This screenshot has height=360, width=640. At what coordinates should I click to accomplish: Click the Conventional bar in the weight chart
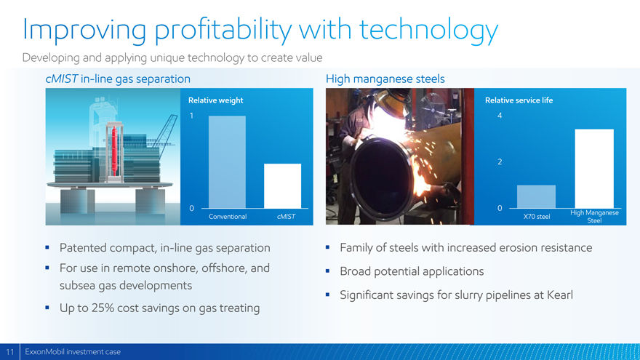click(227, 162)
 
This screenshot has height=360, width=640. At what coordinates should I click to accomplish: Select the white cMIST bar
click(282, 185)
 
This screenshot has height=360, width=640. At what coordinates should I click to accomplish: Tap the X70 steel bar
click(536, 197)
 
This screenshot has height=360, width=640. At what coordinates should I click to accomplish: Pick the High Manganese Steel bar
click(594, 169)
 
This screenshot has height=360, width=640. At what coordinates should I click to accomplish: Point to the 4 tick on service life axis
click(500, 116)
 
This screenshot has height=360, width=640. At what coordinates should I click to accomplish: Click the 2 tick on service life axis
click(500, 161)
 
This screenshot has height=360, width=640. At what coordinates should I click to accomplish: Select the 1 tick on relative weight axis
click(191, 116)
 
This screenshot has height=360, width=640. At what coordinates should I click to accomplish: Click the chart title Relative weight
click(215, 100)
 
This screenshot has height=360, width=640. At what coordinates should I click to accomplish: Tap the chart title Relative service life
click(519, 100)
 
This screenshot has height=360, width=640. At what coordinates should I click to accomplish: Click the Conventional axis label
click(228, 216)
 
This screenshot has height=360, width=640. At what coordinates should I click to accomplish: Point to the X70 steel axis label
click(537, 216)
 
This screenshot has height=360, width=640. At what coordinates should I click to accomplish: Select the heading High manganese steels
click(385, 79)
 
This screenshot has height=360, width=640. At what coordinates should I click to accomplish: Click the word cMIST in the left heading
click(62, 79)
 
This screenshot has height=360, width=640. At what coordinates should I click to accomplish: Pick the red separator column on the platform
click(114, 151)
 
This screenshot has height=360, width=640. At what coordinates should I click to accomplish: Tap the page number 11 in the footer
click(9, 352)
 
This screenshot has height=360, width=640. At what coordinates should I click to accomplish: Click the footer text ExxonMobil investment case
click(73, 352)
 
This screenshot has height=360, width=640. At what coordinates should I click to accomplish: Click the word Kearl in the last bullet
click(560, 295)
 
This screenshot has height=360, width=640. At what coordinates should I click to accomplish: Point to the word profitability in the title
click(223, 31)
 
